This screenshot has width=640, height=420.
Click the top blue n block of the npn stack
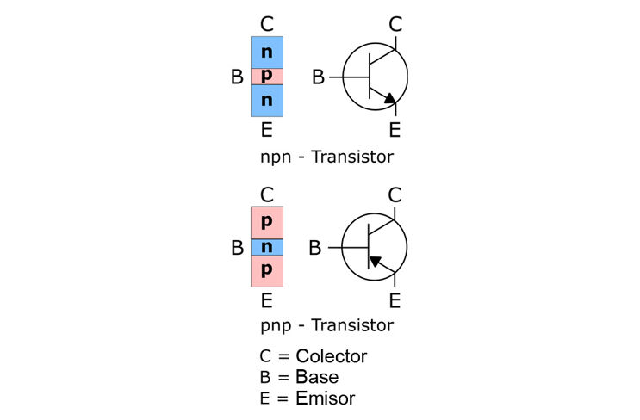click(267, 52)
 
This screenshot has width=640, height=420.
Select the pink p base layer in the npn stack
click(267, 77)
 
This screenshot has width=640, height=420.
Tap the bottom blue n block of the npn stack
click(267, 101)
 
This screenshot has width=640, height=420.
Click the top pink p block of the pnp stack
click(267, 223)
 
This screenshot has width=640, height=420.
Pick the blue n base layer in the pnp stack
click(267, 247)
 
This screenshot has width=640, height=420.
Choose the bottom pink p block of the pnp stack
click(267, 271)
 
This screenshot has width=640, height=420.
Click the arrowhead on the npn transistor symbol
click(390, 99)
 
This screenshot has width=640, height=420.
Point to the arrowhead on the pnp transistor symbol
click(375, 261)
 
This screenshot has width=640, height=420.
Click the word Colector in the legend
click(332, 356)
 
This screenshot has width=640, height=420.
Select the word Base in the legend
click(317, 377)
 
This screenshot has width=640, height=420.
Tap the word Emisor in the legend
click(326, 398)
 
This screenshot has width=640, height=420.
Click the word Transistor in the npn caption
click(352, 157)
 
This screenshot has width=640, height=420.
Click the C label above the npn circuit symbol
click(395, 24)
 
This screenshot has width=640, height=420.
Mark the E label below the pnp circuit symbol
click(395, 301)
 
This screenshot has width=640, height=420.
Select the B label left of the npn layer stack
click(237, 77)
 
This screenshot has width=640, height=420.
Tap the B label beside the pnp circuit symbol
click(315, 248)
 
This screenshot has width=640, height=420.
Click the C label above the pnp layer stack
click(267, 195)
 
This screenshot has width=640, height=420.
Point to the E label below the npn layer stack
click(266, 130)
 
